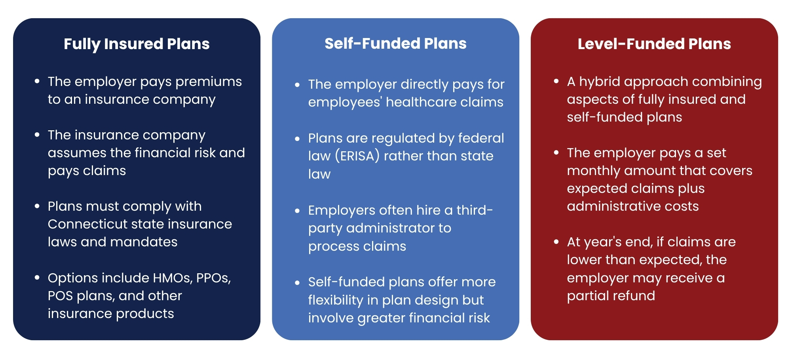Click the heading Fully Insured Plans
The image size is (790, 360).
point(137,44)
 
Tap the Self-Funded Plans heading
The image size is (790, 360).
point(395,43)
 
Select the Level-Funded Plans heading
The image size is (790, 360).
point(654,44)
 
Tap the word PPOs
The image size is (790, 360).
point(214,278)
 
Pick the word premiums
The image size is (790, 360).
point(209,82)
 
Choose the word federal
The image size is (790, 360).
point(481,138)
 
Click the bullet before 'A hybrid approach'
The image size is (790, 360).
point(556,81)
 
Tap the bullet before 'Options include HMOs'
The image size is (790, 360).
point(37,278)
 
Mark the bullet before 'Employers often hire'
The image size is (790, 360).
point(298,211)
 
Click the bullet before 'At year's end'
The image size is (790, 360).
point(556,242)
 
